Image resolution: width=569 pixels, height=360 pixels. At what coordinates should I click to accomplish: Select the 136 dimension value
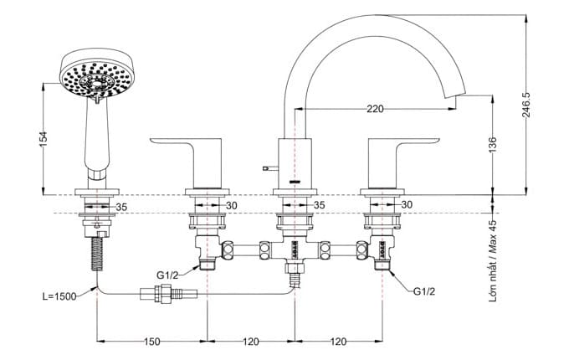click(x=493, y=144)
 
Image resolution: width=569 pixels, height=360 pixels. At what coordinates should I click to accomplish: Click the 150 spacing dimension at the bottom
click(x=151, y=342)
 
